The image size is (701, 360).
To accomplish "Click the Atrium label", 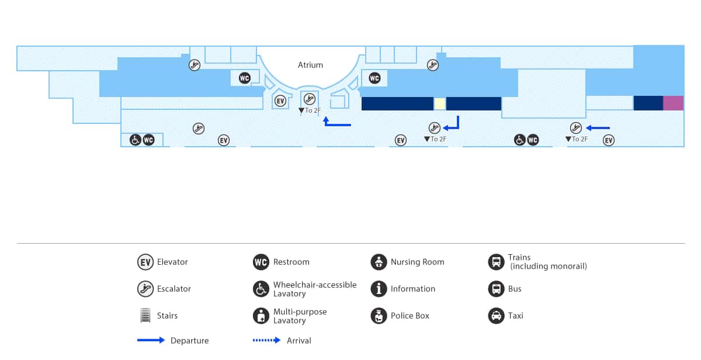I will [x=310, y=65].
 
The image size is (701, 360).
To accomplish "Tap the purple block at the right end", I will [x=673, y=103].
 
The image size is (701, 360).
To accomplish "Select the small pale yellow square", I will [x=439, y=103].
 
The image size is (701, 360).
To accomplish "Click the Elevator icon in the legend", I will [x=145, y=262].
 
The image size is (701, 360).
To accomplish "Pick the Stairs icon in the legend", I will [x=145, y=316].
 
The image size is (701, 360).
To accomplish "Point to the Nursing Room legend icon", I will [x=379, y=262].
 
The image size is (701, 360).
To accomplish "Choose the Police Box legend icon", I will [x=379, y=316].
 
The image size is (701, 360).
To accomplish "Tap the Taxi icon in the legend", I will [x=496, y=316].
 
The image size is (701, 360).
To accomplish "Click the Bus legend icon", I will [x=496, y=289].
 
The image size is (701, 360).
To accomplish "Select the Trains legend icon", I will [x=496, y=262].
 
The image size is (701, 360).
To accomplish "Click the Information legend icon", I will [x=379, y=289].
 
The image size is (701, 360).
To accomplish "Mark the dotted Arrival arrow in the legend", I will [x=268, y=341].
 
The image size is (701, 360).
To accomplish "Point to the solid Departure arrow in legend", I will [x=151, y=341].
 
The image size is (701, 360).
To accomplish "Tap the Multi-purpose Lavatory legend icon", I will [x=261, y=316].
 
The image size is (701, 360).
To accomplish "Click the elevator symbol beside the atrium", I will [x=280, y=101].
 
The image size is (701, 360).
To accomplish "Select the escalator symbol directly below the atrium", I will [x=310, y=98].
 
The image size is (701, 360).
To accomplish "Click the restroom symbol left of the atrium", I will [x=245, y=78].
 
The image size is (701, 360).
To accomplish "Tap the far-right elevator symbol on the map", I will [x=609, y=140].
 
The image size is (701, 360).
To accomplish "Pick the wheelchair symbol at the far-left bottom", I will [x=135, y=140].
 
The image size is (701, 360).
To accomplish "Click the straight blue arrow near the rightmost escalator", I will [x=598, y=128].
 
